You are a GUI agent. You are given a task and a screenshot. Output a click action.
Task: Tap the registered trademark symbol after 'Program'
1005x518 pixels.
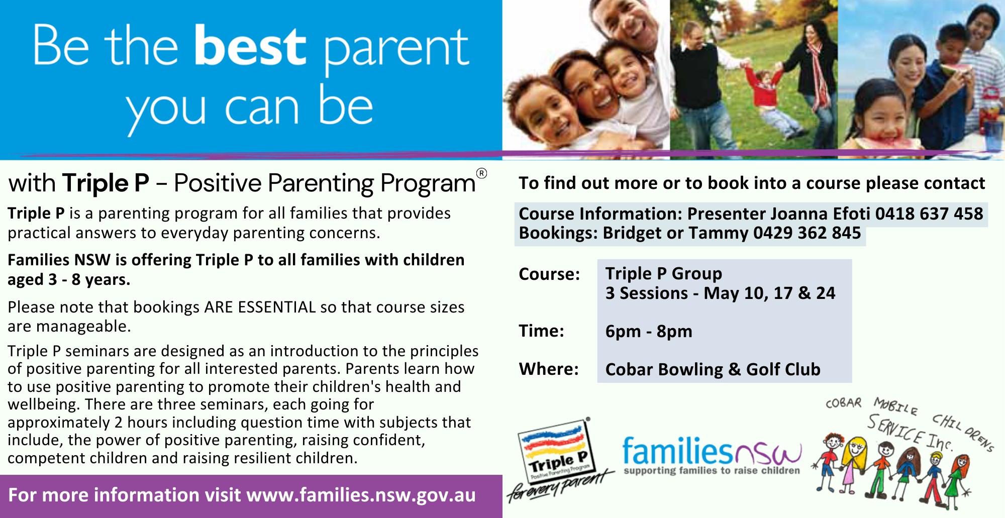(481, 174)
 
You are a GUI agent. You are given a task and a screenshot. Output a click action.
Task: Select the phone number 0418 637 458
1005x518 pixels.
(929, 214)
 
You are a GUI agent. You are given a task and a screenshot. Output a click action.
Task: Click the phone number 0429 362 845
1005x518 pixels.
(807, 233)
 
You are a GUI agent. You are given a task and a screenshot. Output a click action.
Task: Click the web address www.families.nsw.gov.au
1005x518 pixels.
(361, 495)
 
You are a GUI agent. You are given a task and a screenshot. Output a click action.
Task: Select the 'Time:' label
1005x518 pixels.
(541, 331)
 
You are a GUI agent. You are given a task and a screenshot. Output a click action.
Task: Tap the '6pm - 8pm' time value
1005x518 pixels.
(649, 332)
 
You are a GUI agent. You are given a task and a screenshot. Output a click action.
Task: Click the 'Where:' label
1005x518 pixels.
(549, 369)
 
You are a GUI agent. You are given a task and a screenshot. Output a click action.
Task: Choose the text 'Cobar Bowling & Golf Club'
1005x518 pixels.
(713, 370)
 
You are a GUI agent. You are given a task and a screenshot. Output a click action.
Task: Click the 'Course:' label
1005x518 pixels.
(549, 274)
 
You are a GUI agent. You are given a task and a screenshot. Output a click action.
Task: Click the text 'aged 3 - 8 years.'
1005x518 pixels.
(69, 280)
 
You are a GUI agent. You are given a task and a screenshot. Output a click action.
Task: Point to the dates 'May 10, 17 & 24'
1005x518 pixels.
(769, 293)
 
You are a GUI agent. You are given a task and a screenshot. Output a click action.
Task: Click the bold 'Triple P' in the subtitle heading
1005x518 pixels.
(106, 183)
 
